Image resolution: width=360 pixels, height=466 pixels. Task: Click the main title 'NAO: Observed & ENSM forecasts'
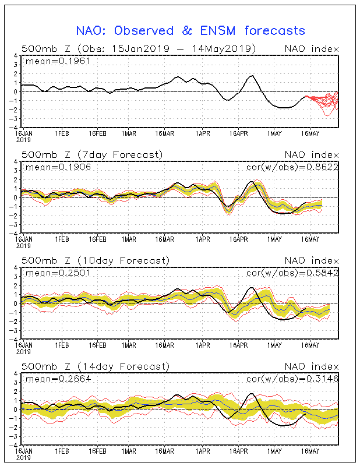pyautogui.click(x=190, y=30)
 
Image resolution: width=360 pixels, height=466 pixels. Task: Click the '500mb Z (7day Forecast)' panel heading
pyautogui.click(x=92, y=154)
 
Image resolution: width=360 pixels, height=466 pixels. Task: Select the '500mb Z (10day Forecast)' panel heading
pyautogui.click(x=95, y=260)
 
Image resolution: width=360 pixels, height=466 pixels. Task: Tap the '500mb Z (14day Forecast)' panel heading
pyautogui.click(x=95, y=366)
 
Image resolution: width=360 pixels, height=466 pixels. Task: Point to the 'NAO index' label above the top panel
pyautogui.click(x=311, y=48)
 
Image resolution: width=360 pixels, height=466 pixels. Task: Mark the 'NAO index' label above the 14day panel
pyautogui.click(x=311, y=366)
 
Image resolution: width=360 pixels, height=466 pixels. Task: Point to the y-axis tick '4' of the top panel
pyautogui.click(x=16, y=56)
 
